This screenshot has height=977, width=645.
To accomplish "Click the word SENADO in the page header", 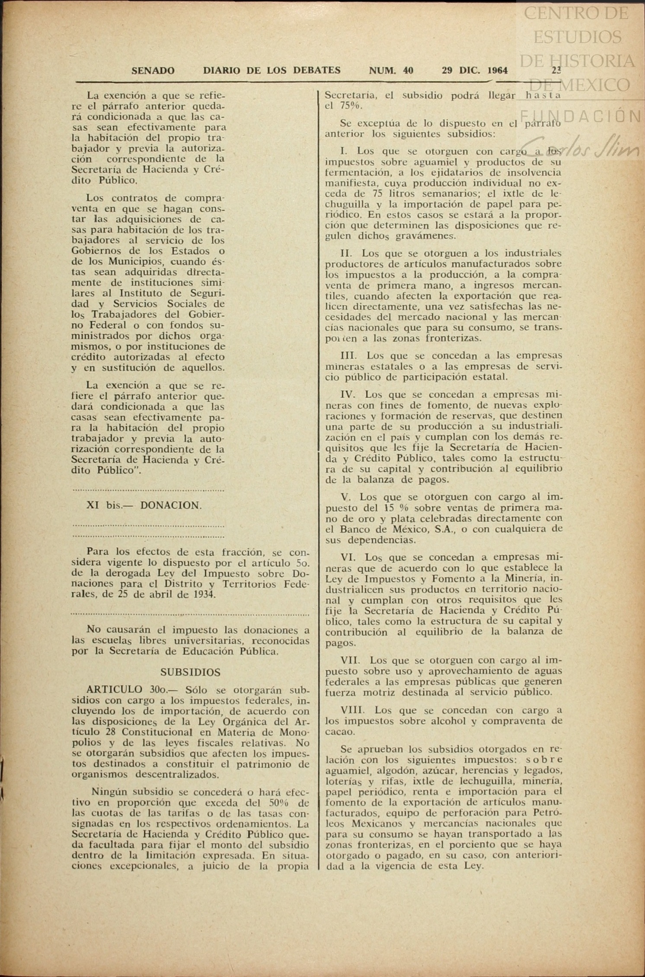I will pos(153,70).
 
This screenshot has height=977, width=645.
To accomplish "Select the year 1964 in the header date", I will pos(497,70).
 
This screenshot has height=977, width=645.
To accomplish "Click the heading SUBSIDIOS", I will pos(190,672).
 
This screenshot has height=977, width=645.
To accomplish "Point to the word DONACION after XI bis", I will pos(170,505).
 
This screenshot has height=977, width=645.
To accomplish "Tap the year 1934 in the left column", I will pos(205,594).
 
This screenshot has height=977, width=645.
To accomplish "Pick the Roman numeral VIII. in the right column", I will pos(353,710).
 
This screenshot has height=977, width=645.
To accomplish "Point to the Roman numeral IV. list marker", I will pos(348,394).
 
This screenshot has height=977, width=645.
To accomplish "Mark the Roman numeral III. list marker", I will pos(348,356).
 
